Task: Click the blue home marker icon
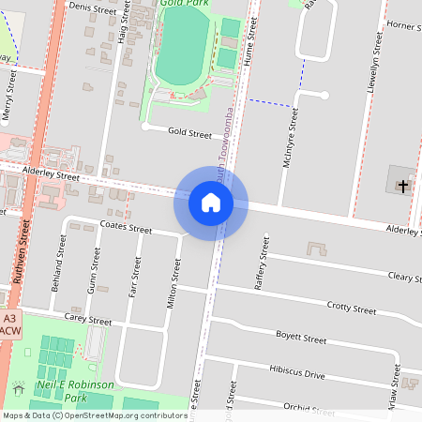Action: click(211, 203)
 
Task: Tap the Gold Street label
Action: click(189, 134)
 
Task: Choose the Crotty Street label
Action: click(351, 309)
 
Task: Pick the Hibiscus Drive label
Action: click(296, 373)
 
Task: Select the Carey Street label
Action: click(89, 321)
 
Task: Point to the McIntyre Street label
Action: click(291, 138)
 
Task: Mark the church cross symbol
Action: click(403, 187)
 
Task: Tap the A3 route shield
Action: click(10, 318)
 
